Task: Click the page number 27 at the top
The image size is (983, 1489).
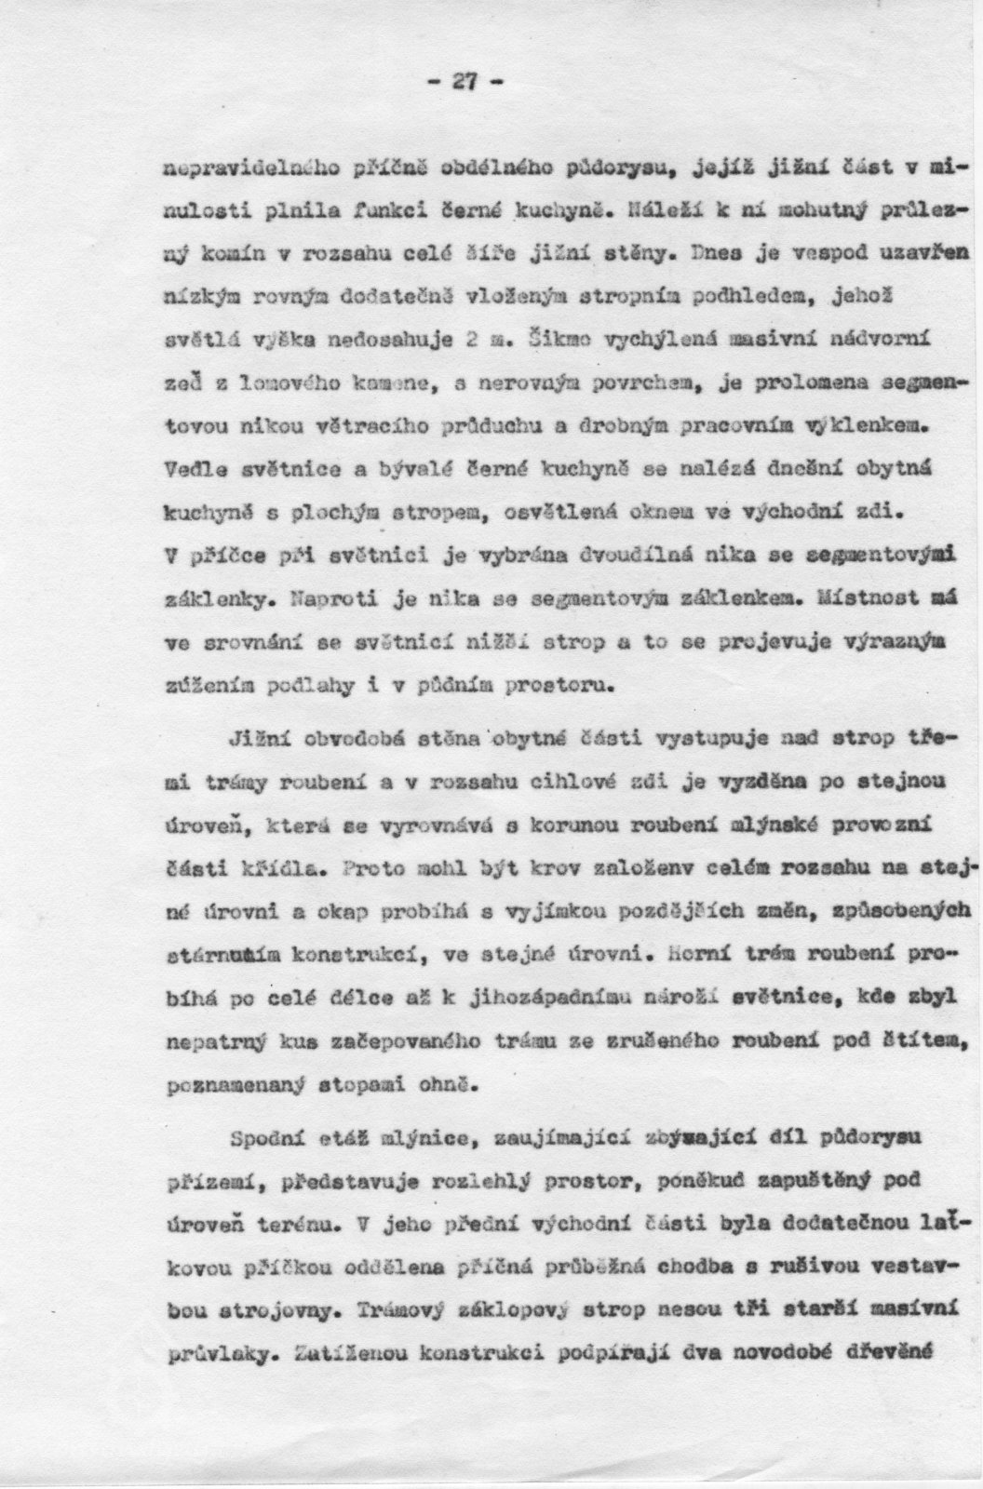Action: (465, 82)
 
